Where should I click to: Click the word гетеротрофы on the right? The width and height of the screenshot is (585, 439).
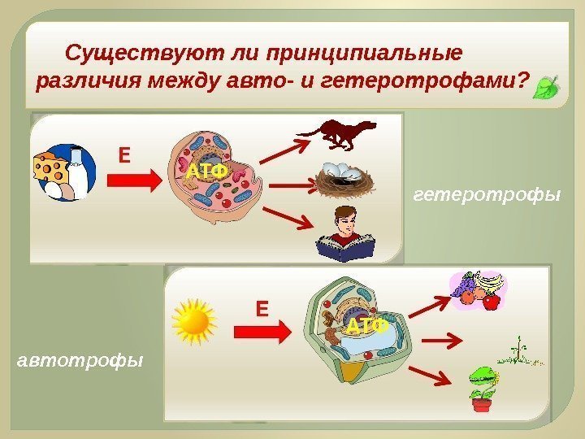point(487,196)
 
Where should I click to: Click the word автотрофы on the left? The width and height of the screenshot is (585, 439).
point(79,359)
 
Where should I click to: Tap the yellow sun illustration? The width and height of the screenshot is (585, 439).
point(194,320)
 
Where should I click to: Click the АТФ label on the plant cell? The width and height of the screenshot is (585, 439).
point(365,326)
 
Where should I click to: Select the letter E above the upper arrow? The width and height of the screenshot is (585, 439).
point(125,154)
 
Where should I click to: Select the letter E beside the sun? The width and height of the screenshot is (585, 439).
point(262,309)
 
